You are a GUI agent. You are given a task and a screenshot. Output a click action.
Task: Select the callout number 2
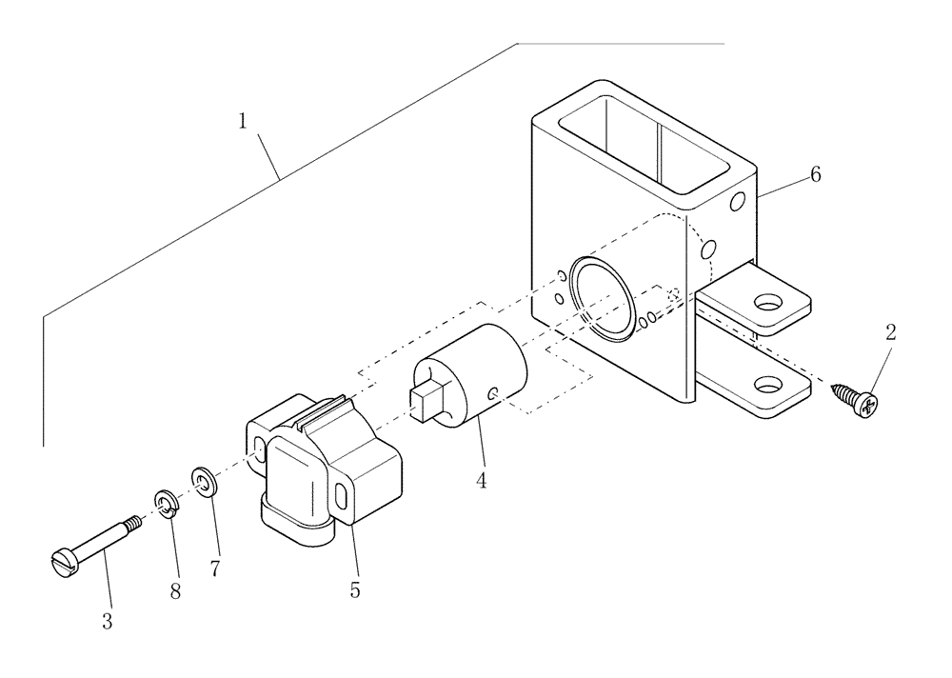click(x=890, y=332)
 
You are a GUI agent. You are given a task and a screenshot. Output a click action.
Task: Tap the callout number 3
click(x=108, y=621)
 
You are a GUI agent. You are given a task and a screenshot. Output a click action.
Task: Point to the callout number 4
click(x=482, y=481)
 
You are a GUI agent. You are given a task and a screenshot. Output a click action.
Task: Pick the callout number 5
click(x=355, y=589)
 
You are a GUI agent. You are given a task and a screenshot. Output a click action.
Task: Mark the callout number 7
click(x=215, y=568)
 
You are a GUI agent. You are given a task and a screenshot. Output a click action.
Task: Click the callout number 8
click(x=175, y=590)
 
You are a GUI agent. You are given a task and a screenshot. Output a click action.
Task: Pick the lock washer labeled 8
click(x=165, y=504)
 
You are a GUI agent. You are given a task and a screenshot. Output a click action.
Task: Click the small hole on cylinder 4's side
click(x=491, y=393)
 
